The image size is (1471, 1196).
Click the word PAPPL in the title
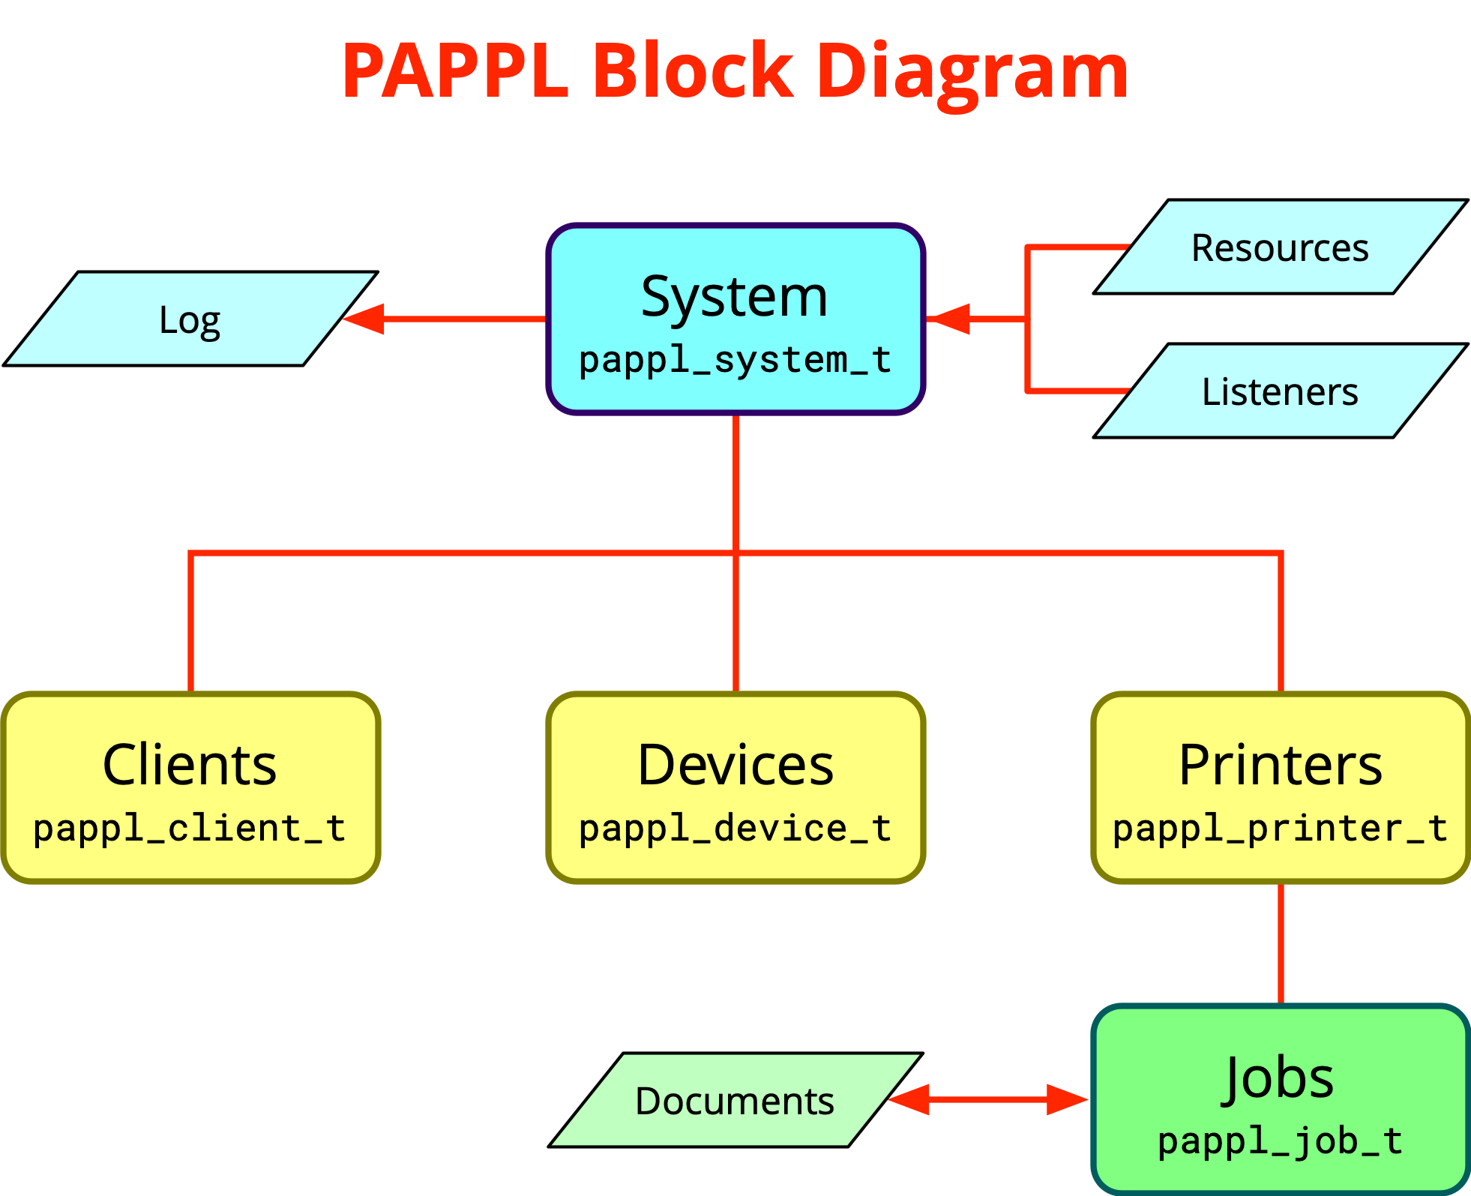pos(454,71)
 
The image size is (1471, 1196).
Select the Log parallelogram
pos(190,319)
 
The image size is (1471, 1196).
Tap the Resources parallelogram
pos(1280,247)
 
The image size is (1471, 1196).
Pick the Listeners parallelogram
pos(1280,391)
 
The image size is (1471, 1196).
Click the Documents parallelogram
pos(735,1100)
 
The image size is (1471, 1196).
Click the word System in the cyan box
pos(735,296)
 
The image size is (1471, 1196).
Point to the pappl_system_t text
pos(735,360)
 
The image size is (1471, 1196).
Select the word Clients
pos(190,765)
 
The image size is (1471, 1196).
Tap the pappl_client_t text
pos(190,829)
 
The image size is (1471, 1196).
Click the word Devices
pos(735,765)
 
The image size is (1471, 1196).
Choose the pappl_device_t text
pos(735,829)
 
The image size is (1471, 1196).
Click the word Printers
pos(1280,765)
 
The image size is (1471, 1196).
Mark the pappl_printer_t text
pos(1280,829)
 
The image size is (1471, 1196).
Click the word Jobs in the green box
pos(1280,1078)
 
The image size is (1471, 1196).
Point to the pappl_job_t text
pos(1280,1141)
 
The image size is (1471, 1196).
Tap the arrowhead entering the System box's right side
pos(949,319)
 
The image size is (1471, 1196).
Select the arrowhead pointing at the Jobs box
pos(1068,1100)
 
